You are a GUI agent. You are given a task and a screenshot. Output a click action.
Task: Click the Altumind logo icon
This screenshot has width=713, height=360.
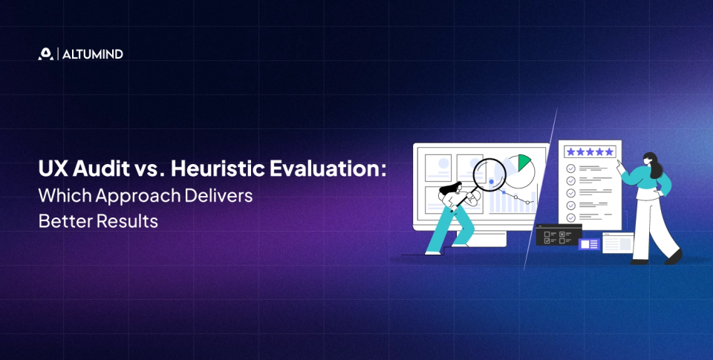(45, 54)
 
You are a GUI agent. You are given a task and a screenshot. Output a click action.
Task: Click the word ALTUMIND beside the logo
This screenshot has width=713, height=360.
(93, 54)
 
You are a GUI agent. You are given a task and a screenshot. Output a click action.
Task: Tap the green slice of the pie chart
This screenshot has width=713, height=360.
(524, 163)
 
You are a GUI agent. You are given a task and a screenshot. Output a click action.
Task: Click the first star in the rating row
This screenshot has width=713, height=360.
(570, 151)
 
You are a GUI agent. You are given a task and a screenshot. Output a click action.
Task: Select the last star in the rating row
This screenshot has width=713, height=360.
(609, 151)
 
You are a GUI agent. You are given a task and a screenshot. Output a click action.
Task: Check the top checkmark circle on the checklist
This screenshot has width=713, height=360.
(570, 168)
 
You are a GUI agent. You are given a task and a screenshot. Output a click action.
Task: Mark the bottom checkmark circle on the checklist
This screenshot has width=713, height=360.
(570, 217)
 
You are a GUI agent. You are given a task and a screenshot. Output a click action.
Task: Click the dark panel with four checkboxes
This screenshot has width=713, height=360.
(557, 236)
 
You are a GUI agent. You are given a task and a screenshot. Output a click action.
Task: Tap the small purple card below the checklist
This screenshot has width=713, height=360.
(590, 243)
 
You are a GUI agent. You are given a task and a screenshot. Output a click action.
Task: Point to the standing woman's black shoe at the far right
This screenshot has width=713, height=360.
(673, 256)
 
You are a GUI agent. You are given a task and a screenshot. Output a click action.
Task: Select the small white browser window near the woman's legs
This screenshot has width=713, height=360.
(616, 243)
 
